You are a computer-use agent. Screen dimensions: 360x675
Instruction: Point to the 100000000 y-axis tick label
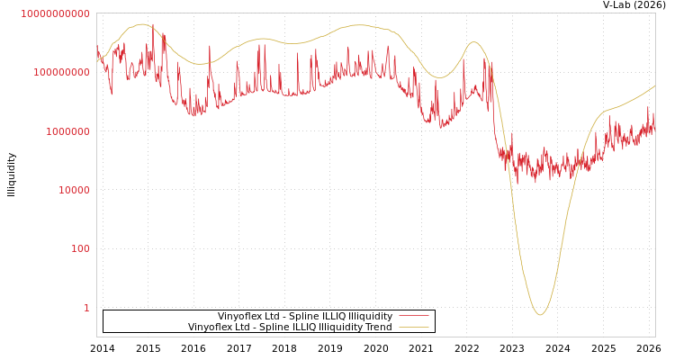pyautogui.click(x=61, y=73)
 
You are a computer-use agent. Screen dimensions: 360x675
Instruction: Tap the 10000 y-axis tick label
pyautogui.click(x=72, y=191)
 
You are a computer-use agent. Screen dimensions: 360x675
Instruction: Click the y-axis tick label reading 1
pyautogui.click(x=86, y=308)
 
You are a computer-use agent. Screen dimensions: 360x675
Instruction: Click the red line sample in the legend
pyautogui.click(x=413, y=317)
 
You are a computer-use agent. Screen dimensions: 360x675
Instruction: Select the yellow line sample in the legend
pyautogui.click(x=413, y=328)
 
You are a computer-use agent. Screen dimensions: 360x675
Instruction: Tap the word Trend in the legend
pyautogui.click(x=377, y=328)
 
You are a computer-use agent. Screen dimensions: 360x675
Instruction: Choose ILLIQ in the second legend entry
pyautogui.click(x=308, y=328)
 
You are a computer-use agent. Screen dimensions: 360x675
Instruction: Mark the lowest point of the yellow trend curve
pyautogui.click(x=540, y=315)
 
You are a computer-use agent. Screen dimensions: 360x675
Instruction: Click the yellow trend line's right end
pyautogui.click(x=654, y=86)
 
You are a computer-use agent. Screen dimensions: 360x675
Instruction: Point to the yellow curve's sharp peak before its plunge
pyautogui.click(x=474, y=42)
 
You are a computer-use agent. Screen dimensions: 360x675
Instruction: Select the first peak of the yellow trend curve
pyautogui.click(x=141, y=24)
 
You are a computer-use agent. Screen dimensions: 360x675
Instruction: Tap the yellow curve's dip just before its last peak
pyautogui.click(x=438, y=77)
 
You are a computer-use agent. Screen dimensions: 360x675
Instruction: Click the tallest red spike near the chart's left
pyautogui.click(x=153, y=24)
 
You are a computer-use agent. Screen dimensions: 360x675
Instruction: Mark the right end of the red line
pyautogui.click(x=654, y=126)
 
